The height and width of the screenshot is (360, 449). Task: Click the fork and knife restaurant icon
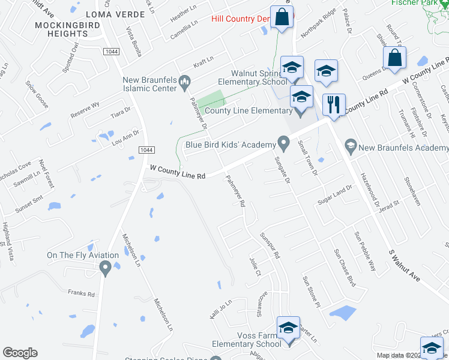(333, 104)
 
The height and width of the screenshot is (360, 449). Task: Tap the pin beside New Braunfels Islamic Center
(185, 81)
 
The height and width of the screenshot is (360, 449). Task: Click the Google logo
(20, 353)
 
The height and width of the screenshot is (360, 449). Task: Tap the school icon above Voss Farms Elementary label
(289, 328)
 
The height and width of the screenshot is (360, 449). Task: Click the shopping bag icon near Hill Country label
(280, 17)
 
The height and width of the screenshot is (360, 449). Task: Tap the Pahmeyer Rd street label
(235, 191)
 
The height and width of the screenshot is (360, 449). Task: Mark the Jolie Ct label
(255, 266)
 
